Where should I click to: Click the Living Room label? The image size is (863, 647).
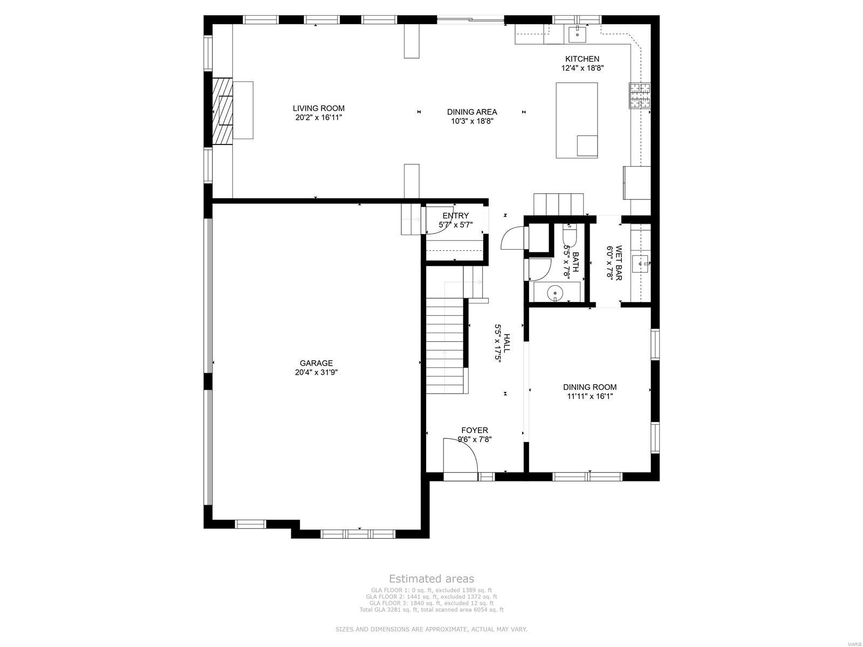(x=318, y=108)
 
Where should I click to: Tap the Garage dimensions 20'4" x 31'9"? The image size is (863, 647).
(x=316, y=373)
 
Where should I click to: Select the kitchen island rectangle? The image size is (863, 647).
(x=577, y=120)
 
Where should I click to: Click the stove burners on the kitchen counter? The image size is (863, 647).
(x=640, y=95)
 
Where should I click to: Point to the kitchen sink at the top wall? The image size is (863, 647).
(x=577, y=33)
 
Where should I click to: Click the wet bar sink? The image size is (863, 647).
(x=641, y=264)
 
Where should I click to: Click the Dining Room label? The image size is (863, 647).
(x=590, y=387)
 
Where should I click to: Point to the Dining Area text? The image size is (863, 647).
(x=472, y=112)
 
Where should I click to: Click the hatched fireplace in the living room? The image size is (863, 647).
(x=222, y=111)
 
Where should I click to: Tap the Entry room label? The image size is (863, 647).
(x=456, y=216)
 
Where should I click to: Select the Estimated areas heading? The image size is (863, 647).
(x=432, y=579)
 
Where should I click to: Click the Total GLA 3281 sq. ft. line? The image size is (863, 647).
(x=432, y=610)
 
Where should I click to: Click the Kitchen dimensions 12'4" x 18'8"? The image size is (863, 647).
(x=582, y=68)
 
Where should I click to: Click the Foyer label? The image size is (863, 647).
(x=475, y=430)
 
